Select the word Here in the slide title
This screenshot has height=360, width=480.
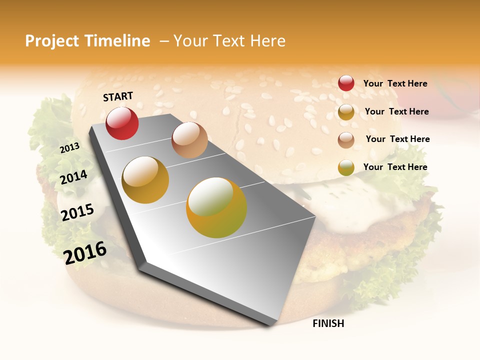coord(267,41)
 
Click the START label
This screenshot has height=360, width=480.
coord(118,96)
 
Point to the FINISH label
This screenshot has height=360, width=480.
coord(328,323)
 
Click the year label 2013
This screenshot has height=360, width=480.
coord(69,148)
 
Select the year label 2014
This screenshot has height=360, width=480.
coord(73,177)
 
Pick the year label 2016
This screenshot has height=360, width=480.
coord(85,252)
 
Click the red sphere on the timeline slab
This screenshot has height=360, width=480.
coord(122,123)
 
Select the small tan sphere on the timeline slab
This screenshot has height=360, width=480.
coord(189,140)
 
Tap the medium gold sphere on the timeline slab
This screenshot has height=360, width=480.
coord(145,180)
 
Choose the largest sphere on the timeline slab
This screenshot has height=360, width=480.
coord(216,207)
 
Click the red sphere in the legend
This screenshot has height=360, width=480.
coord(346,83)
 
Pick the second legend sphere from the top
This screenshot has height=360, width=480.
coord(346,112)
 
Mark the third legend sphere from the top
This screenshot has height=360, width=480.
coord(346,140)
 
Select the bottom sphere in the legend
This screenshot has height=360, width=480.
coord(346,167)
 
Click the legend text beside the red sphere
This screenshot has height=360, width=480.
coord(395,83)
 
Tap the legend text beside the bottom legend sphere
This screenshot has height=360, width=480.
coord(395,167)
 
